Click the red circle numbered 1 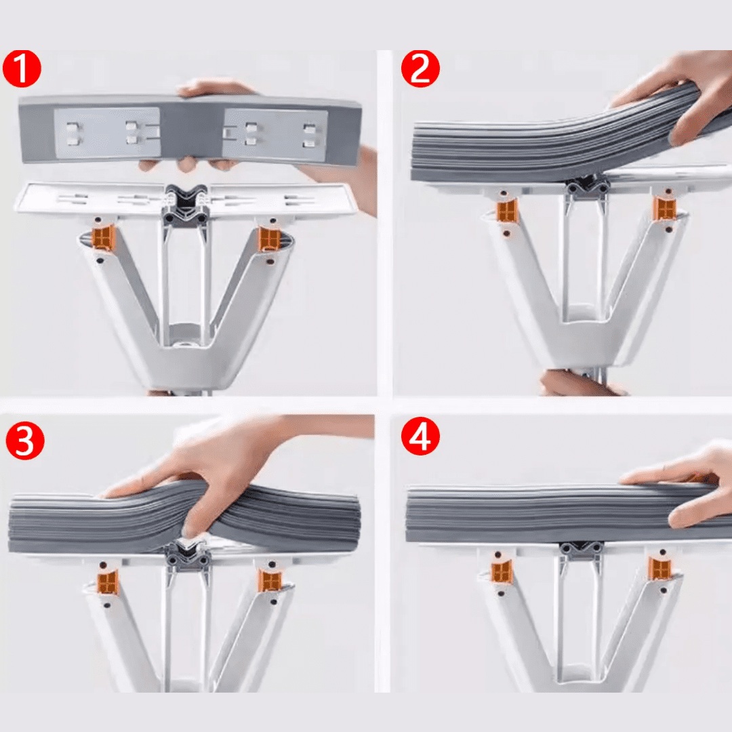(x=22, y=69)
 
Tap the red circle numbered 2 (x=420, y=68)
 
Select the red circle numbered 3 (x=25, y=441)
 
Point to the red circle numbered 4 (x=420, y=437)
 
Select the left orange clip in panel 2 (x=506, y=211)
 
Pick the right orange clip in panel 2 (x=664, y=208)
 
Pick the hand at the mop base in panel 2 (x=579, y=384)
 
